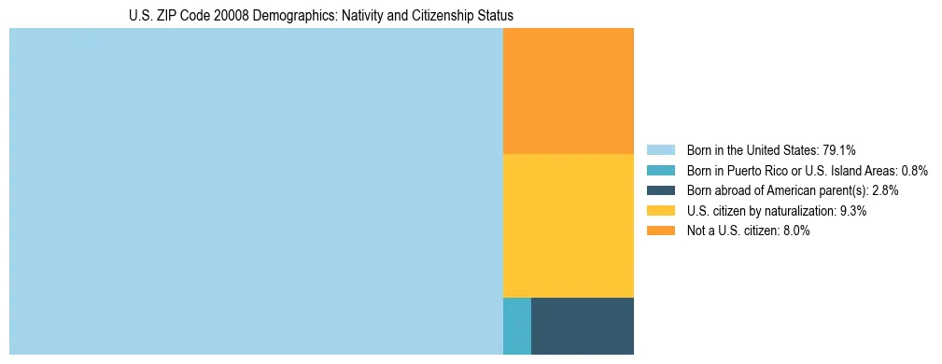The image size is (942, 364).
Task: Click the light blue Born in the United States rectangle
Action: pos(256,191)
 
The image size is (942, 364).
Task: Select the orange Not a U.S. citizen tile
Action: pos(568,91)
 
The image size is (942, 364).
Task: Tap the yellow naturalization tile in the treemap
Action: pos(568,225)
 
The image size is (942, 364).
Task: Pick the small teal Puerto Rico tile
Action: pos(517,326)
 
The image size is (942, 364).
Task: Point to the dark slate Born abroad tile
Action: pos(582,326)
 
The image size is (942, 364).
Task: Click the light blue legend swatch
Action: pos(660,149)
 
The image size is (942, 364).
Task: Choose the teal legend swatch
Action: pos(660,170)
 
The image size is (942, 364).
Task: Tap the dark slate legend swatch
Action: pos(660,190)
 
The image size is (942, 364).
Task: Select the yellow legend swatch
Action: pos(660,211)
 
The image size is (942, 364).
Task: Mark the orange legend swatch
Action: pos(660,231)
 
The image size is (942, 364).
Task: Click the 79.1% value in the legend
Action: pos(839,149)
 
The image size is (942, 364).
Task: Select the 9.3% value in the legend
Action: pos(853,211)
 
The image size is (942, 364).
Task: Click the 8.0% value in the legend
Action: pos(794,231)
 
